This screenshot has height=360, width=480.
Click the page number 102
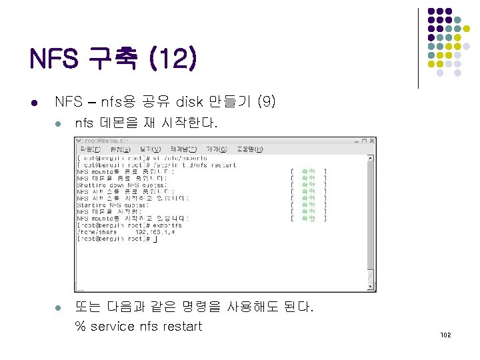[x=446, y=335]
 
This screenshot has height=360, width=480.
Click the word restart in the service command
[x=180, y=326]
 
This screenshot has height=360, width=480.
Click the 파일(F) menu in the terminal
[x=89, y=149]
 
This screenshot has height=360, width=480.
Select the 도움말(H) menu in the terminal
[x=249, y=149]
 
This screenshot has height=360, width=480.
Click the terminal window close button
[x=371, y=141]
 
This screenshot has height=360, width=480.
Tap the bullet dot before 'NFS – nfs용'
[x=34, y=103]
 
